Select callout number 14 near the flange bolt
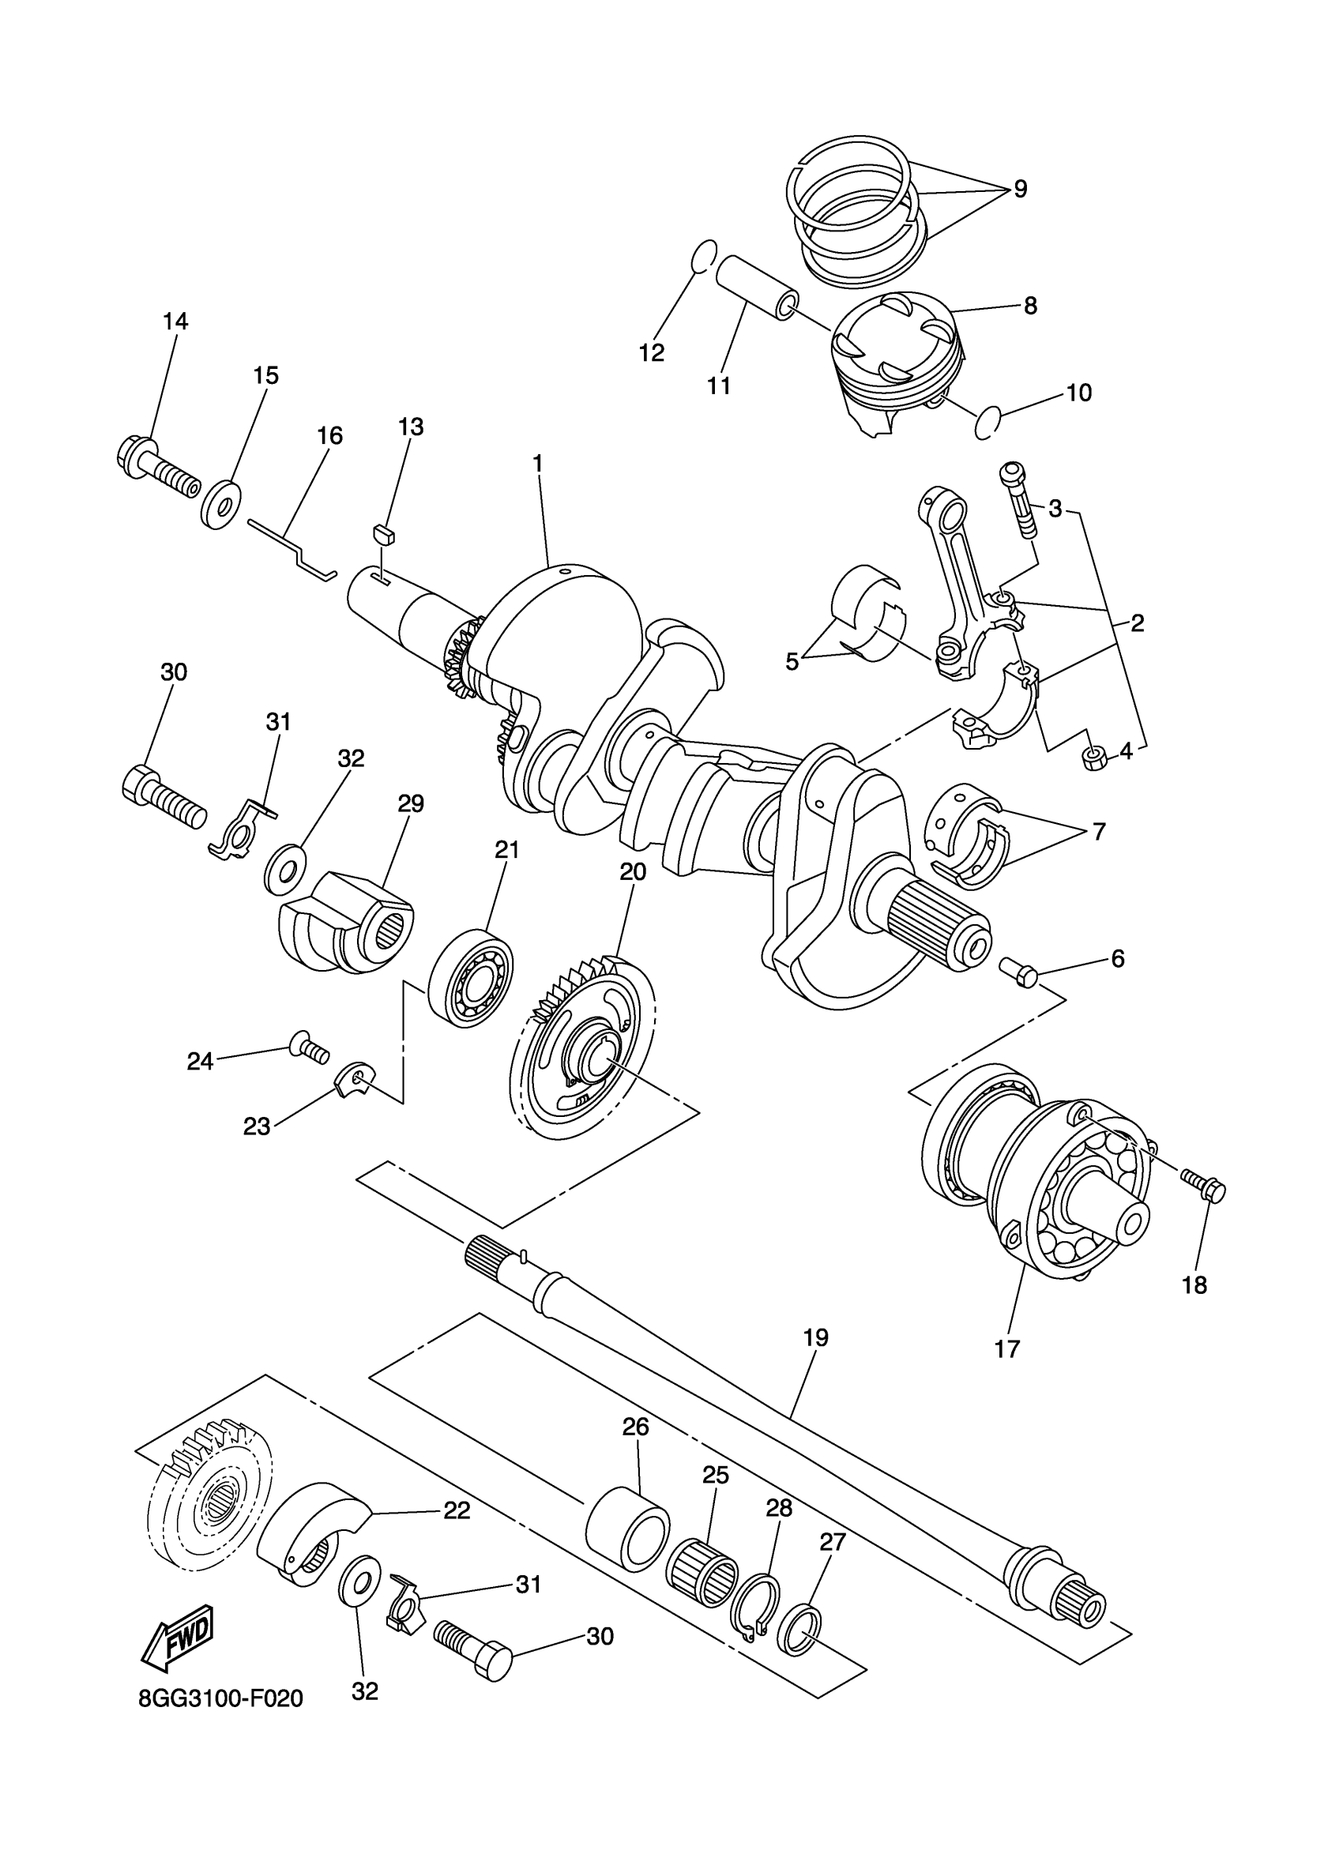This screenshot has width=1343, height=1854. coord(175,322)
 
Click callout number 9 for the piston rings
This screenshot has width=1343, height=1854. coord(1020,189)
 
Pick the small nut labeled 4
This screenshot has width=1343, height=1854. coord(1093,758)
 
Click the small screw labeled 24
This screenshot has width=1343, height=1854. coord(309,1047)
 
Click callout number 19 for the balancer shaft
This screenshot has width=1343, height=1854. coord(816,1338)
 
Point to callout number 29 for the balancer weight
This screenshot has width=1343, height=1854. coord(410,804)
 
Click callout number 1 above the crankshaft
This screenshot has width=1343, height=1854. coord(537,463)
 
